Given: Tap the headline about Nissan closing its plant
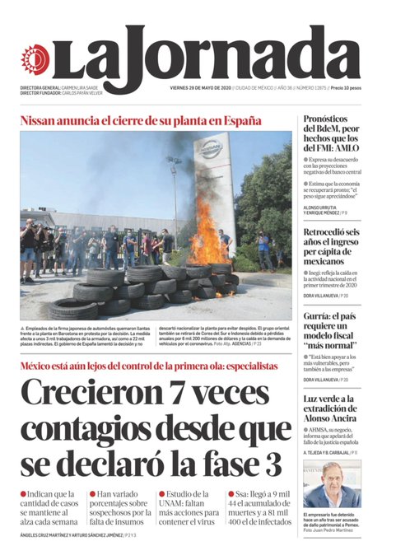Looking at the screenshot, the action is tap(141, 121).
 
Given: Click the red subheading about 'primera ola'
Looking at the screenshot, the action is tap(149, 366).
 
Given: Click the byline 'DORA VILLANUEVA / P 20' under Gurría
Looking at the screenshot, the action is tap(325, 380).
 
